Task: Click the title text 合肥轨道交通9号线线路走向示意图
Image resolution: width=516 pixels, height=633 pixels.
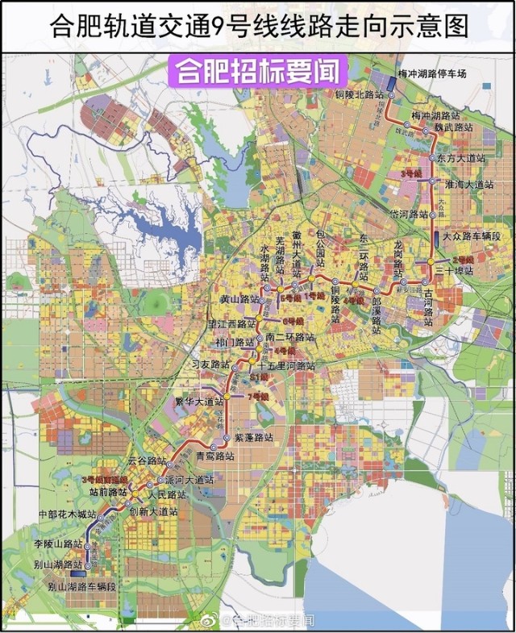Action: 258,27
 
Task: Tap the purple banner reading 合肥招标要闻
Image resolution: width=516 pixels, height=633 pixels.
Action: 258,71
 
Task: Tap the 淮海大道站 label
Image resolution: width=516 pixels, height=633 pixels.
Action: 468,185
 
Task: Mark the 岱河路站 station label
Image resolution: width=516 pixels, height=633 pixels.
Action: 409,214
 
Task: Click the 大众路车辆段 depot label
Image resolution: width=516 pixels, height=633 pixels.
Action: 472,237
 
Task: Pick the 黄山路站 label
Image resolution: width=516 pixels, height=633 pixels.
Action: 239,299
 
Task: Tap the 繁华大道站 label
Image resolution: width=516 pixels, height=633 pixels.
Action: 200,401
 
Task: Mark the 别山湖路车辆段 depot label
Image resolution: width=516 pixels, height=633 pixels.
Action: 81,587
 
